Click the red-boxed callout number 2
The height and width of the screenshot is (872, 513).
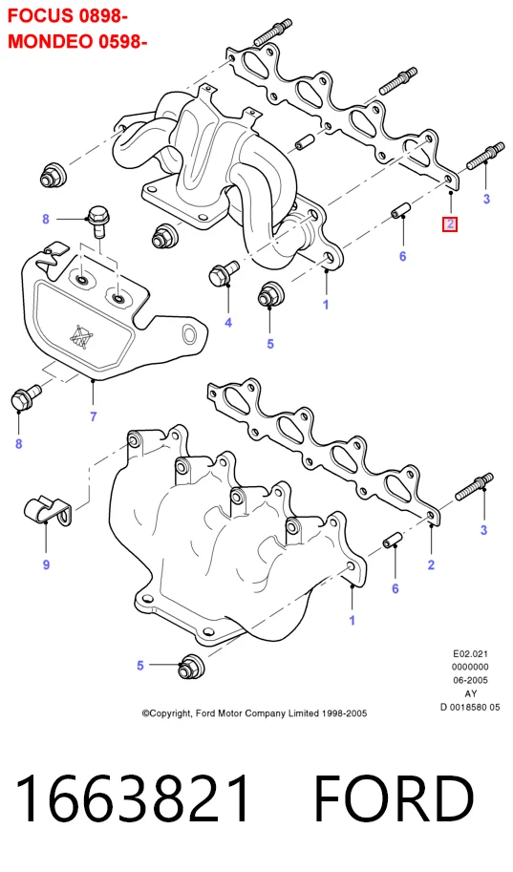pos(450,224)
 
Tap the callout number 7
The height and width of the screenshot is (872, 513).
pos(94,416)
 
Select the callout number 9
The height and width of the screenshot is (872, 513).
pos(46,564)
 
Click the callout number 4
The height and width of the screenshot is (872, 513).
pos(228,322)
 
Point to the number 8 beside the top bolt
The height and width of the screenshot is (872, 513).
pos(46,219)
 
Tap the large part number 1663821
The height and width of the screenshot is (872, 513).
pos(133,798)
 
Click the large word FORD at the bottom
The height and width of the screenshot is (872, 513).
pos(394,798)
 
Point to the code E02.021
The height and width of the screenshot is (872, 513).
pos(470,654)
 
